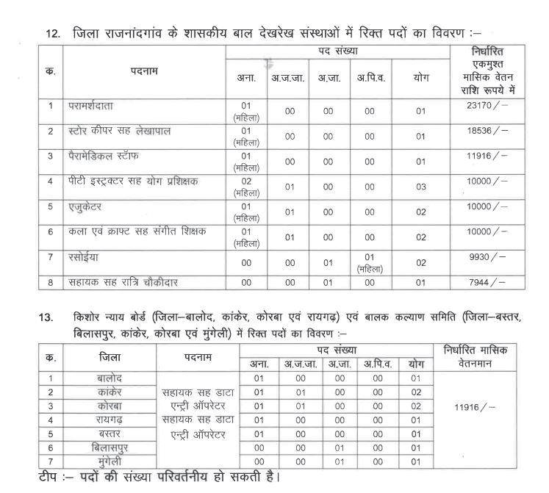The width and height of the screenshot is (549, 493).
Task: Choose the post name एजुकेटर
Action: point(85,206)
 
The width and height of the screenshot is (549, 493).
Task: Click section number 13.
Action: point(46,317)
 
